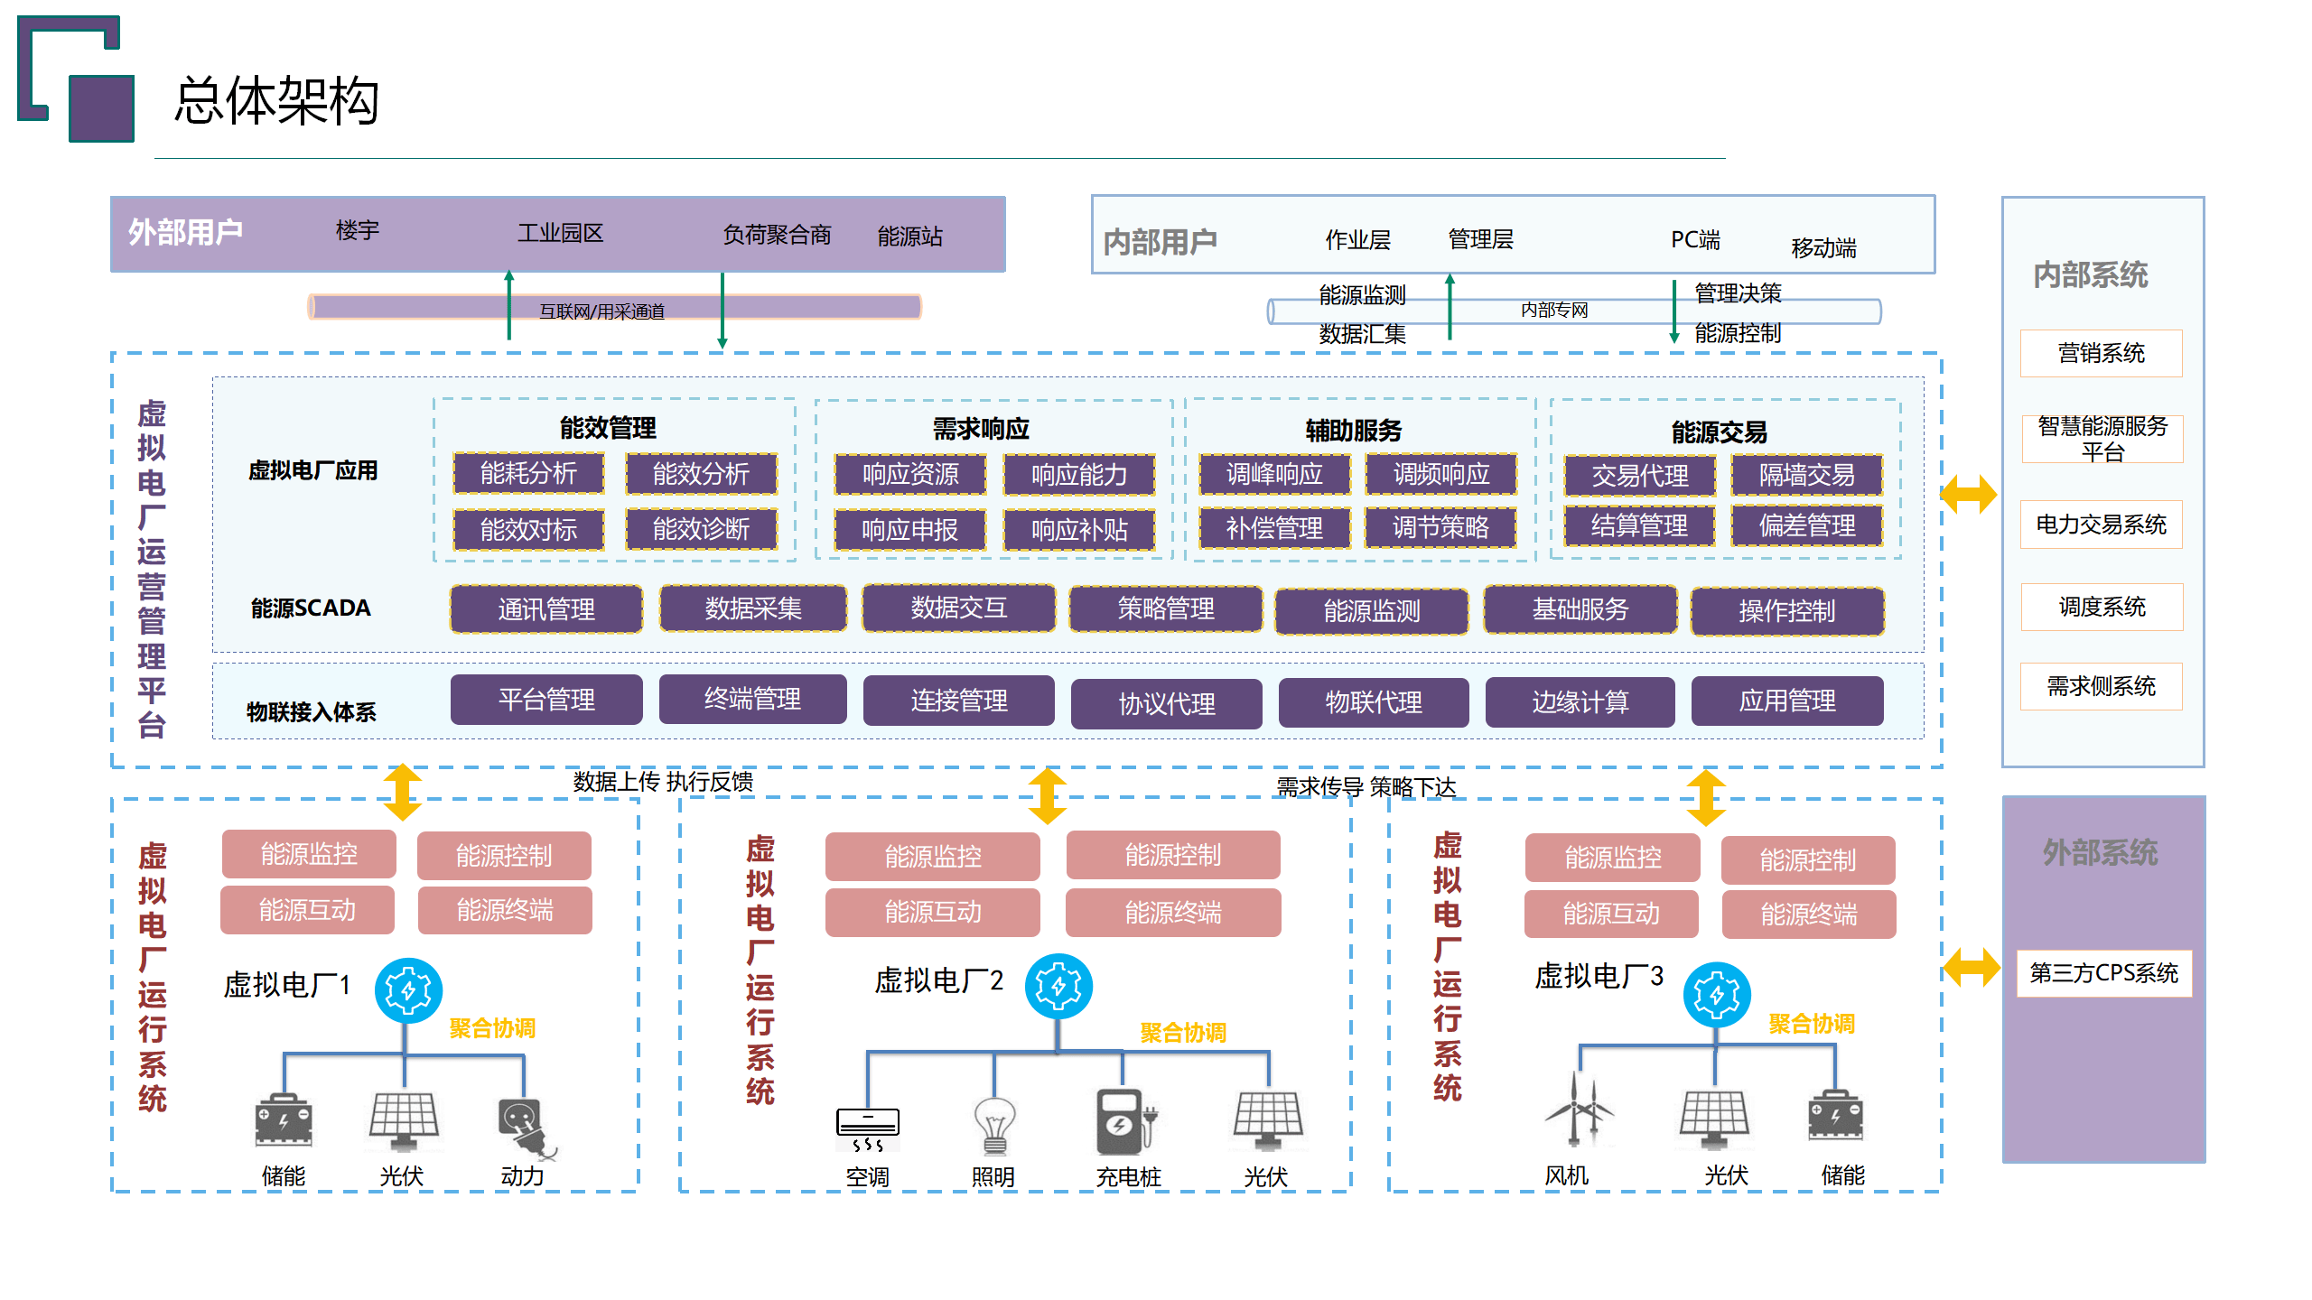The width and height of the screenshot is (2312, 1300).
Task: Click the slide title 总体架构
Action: point(276,100)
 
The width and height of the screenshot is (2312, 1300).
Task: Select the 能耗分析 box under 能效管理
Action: point(528,474)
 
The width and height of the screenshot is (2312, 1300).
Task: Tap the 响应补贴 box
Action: point(1079,530)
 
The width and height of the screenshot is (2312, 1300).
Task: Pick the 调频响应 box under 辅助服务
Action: point(1440,474)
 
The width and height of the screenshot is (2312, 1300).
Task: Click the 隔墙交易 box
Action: point(1806,475)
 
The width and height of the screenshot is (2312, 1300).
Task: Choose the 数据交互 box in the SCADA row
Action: point(958,608)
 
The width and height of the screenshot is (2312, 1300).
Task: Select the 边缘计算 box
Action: point(1580,702)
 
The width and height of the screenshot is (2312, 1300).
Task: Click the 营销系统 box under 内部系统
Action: point(2101,353)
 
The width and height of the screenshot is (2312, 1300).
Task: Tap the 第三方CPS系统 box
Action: point(2103,973)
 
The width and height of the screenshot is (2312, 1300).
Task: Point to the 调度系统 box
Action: point(2101,607)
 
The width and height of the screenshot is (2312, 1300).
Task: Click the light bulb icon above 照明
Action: point(994,1125)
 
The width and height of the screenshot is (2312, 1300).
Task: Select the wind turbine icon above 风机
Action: point(1577,1110)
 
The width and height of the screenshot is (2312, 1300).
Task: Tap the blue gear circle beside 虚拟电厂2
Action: point(1058,987)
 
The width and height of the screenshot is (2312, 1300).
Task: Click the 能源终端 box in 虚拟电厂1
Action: point(505,910)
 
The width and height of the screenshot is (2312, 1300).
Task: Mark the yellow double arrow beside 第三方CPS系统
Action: point(1972,968)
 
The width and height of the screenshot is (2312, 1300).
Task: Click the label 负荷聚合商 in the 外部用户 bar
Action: point(777,236)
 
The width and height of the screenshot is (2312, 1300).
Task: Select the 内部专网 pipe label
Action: point(1553,311)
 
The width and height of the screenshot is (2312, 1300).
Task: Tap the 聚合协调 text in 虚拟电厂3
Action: point(1811,1024)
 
